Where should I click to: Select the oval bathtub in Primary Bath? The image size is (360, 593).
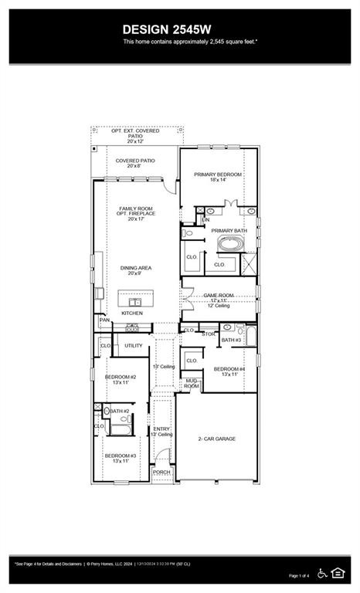pyautogui.click(x=229, y=245)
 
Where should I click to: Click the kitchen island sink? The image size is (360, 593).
pyautogui.click(x=136, y=302)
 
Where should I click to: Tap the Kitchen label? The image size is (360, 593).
pyautogui.click(x=131, y=313)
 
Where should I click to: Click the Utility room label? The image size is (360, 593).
pyautogui.click(x=134, y=345)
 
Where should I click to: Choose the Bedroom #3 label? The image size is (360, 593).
pyautogui.click(x=121, y=458)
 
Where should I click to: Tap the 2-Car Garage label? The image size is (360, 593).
pyautogui.click(x=216, y=439)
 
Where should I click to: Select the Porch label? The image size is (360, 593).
pyautogui.click(x=161, y=472)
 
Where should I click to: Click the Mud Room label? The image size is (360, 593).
pyautogui.click(x=192, y=383)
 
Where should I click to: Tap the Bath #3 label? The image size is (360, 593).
pyautogui.click(x=231, y=340)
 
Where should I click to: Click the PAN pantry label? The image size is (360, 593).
pyautogui.click(x=104, y=320)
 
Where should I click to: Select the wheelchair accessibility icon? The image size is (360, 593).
pyautogui.click(x=322, y=572)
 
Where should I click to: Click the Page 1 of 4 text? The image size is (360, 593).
pyautogui.click(x=299, y=576)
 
